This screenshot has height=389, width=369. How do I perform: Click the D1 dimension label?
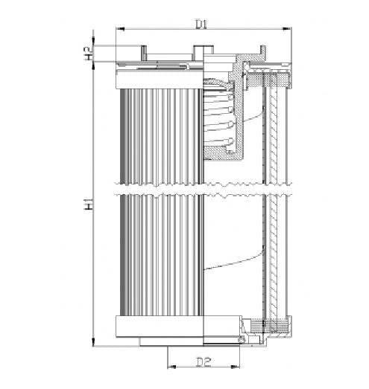[201, 25]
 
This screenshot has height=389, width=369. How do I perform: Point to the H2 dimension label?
[89, 53]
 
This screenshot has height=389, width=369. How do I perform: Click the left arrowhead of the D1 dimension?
[120, 30]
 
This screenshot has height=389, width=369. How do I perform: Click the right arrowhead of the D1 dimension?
[287, 30]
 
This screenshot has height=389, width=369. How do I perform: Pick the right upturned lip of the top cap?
[260, 51]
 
